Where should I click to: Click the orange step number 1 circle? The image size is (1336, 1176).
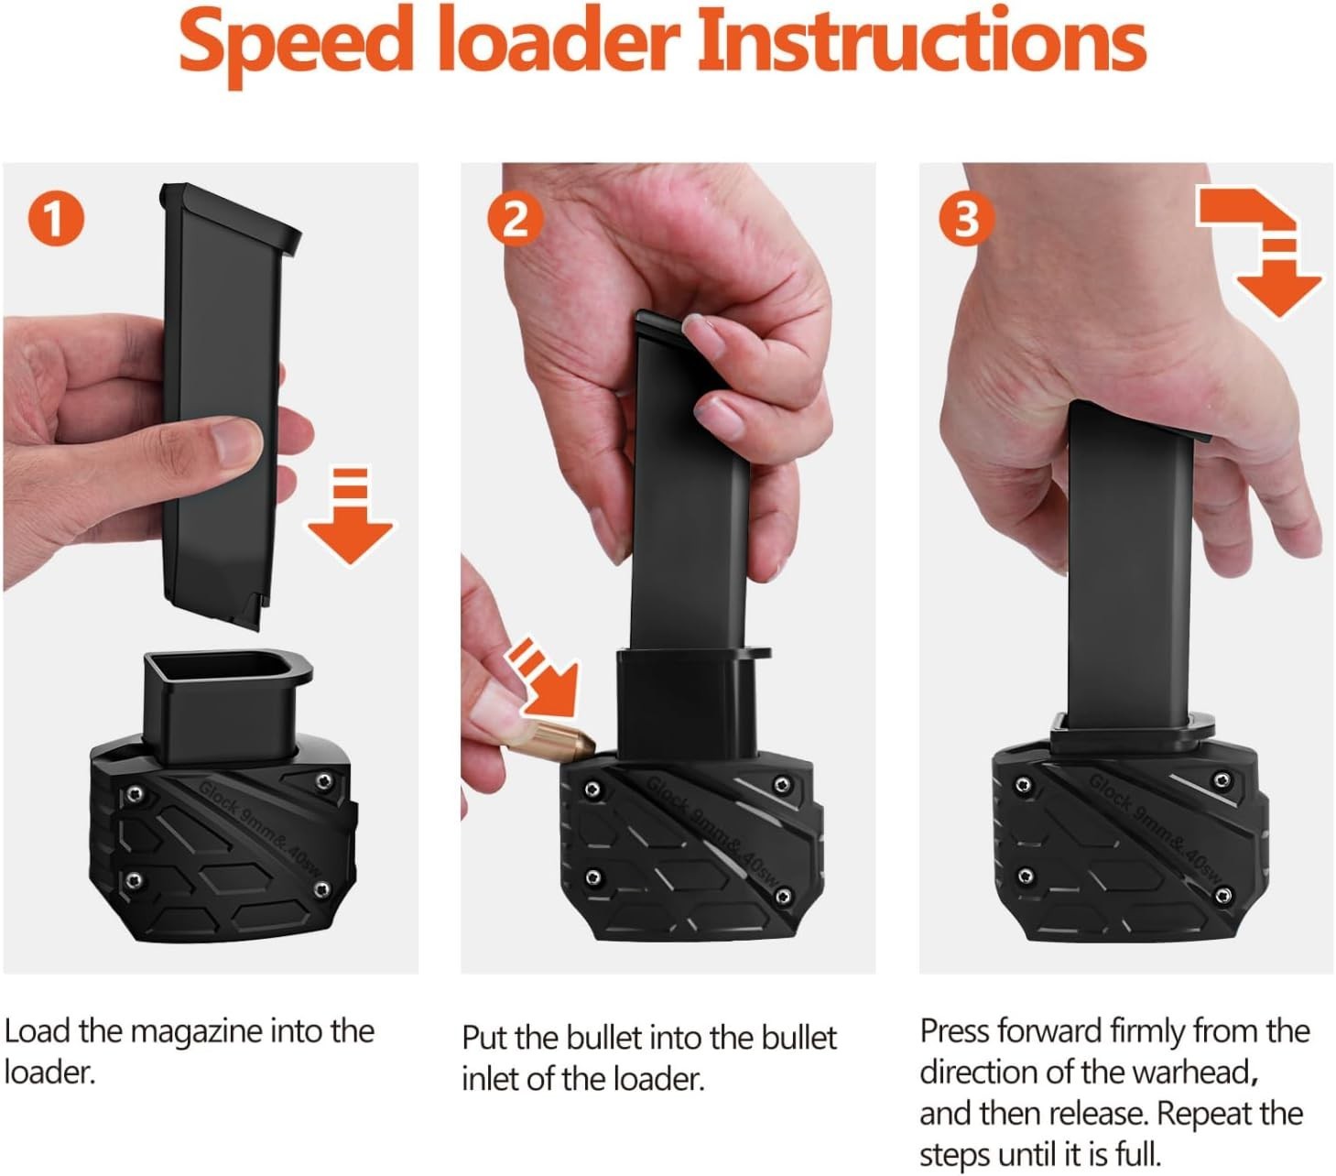(55, 220)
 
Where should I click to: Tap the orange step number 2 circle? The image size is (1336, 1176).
(514, 220)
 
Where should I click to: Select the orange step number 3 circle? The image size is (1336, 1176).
(966, 220)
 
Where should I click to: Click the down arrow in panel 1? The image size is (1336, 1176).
(350, 518)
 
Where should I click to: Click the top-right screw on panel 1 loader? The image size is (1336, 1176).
(323, 781)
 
